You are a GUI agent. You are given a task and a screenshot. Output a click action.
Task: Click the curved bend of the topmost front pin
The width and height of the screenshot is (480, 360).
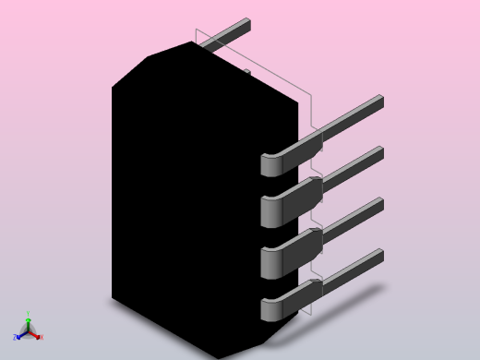270,164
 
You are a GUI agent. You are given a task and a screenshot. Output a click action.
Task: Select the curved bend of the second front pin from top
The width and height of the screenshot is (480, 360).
270,212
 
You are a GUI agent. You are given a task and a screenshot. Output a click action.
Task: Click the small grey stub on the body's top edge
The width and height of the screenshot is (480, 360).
246,71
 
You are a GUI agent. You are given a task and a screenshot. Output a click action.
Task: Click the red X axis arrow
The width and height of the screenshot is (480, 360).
36,335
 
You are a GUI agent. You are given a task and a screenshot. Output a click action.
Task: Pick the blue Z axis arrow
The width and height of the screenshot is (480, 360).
20,335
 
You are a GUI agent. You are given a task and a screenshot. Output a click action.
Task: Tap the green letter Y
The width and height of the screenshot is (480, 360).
28,314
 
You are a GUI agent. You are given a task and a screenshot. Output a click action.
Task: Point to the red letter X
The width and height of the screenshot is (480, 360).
41,337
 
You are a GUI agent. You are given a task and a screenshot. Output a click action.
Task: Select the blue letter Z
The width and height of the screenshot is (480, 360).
16,338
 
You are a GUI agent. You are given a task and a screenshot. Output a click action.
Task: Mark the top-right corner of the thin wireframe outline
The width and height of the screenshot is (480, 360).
311,93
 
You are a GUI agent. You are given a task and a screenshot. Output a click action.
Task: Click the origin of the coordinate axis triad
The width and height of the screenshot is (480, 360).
28,331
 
